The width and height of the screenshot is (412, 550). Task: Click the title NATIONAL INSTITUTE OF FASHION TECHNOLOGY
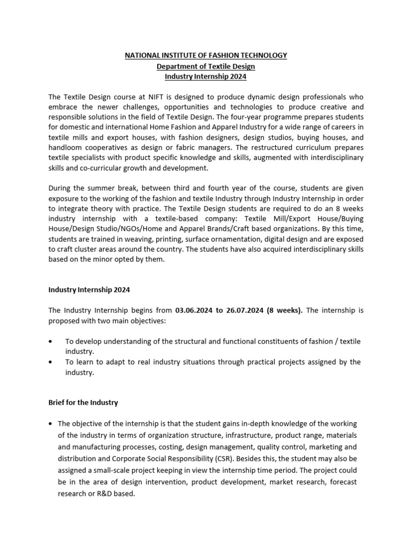(206, 55)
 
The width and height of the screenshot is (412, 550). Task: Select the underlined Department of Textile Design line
(206, 67)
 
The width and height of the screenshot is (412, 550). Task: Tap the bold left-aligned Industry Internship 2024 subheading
(89, 290)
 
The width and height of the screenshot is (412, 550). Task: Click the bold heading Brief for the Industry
(83, 402)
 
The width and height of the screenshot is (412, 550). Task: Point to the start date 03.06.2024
(194, 310)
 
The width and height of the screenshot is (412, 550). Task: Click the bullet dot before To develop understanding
(50, 341)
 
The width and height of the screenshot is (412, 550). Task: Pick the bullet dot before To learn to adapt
(50, 362)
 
